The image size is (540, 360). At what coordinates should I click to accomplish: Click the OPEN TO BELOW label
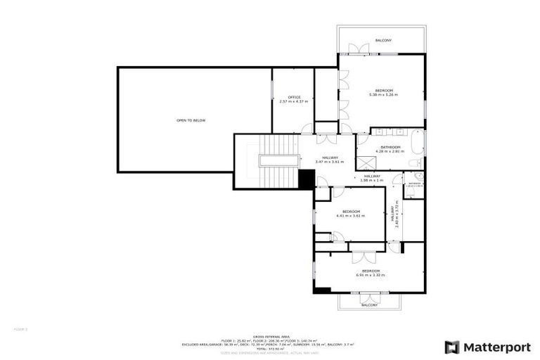(191, 120)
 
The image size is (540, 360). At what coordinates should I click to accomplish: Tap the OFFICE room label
(294, 97)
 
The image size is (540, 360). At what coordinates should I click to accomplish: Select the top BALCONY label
(383, 40)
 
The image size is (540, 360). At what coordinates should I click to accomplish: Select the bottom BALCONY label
(370, 305)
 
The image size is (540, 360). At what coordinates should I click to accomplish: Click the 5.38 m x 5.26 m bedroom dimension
(383, 94)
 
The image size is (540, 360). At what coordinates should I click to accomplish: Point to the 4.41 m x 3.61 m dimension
(351, 216)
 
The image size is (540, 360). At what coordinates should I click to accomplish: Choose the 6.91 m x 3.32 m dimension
(371, 275)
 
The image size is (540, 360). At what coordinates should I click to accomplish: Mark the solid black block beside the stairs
(306, 180)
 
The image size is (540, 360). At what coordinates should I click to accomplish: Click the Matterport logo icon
(452, 347)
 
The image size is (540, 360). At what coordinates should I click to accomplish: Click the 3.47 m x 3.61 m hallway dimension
(330, 162)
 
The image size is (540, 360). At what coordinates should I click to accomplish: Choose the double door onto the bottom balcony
(369, 297)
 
